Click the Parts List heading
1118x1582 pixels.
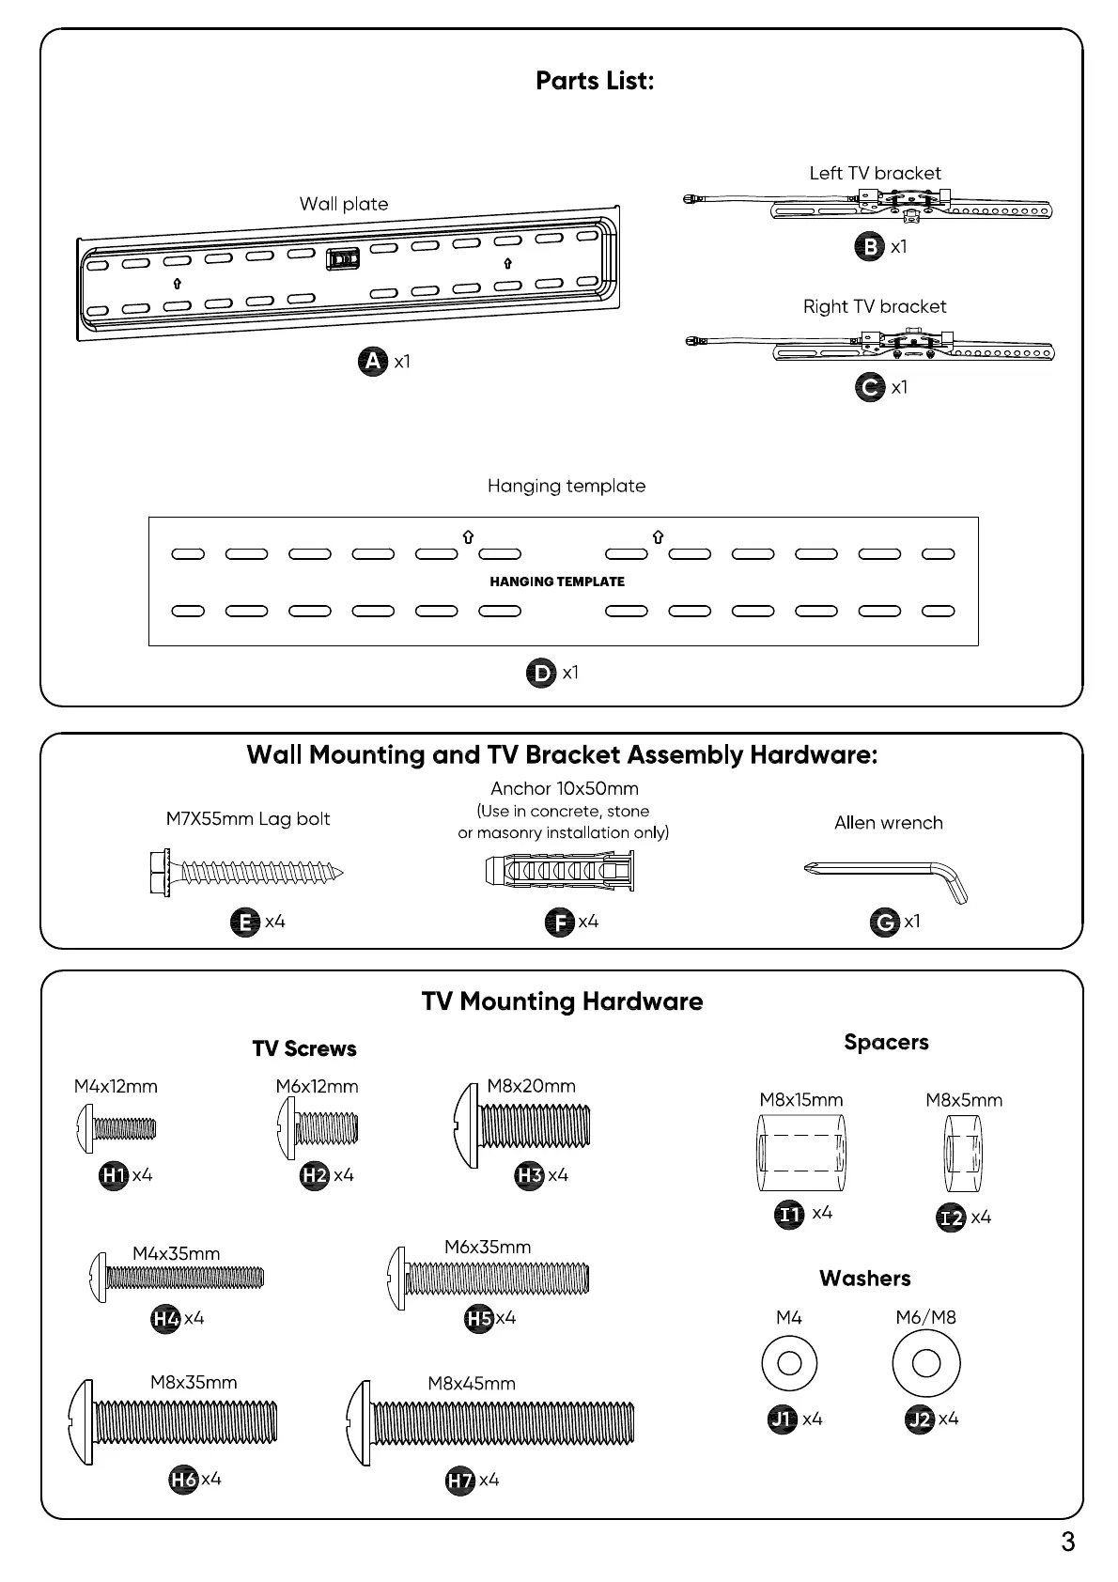(594, 81)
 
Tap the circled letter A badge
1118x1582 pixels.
(373, 362)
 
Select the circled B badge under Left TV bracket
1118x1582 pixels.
(870, 246)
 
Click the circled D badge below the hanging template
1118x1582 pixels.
(541, 673)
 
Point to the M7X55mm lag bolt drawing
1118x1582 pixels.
(246, 874)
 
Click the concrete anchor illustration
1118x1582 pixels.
(560, 873)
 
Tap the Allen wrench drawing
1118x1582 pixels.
(886, 876)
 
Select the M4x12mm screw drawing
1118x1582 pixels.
(116, 1129)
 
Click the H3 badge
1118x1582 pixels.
(530, 1175)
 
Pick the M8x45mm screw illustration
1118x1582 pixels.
(490, 1424)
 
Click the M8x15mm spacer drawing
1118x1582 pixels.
(801, 1153)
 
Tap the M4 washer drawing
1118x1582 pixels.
(789, 1363)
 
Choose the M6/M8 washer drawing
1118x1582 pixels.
(925, 1363)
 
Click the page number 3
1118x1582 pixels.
(1067, 1543)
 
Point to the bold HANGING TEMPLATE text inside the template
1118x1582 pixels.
(557, 582)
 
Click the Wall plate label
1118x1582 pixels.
(344, 204)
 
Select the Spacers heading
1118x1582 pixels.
(886, 1042)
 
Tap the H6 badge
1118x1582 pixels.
(183, 1480)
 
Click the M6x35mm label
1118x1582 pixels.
(488, 1248)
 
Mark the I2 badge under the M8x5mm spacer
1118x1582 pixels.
(952, 1218)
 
